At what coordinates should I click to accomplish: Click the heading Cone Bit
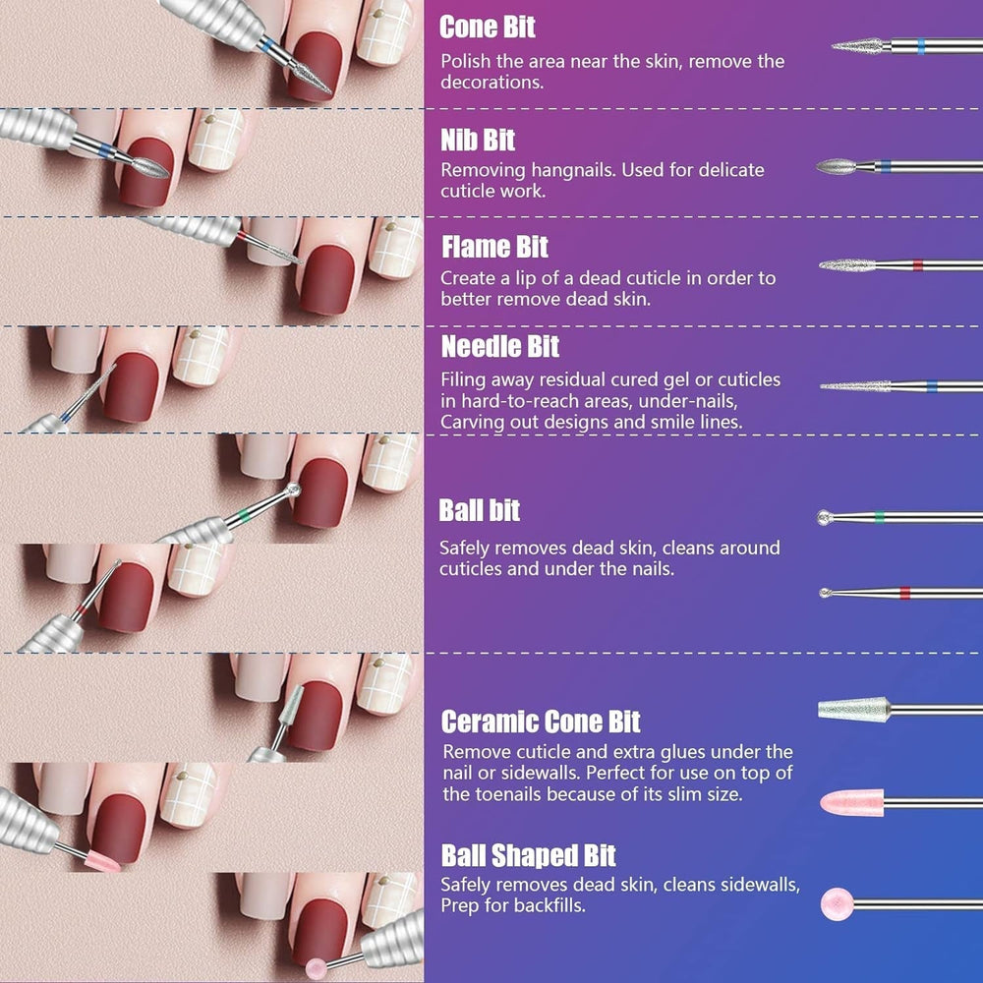point(488,28)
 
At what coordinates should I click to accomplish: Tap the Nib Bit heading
point(478,141)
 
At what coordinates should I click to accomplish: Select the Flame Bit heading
point(494,247)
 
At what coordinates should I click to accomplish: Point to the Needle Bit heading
point(500,347)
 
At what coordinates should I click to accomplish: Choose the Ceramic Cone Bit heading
point(541,723)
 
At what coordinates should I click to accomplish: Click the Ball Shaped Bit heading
point(529,855)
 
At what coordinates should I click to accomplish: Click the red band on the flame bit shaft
point(916,264)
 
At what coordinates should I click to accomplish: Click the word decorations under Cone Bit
point(491,83)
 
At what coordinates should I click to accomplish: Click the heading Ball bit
point(480,511)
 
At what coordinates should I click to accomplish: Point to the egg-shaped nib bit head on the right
point(843,165)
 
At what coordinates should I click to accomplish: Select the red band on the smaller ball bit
point(904,592)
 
